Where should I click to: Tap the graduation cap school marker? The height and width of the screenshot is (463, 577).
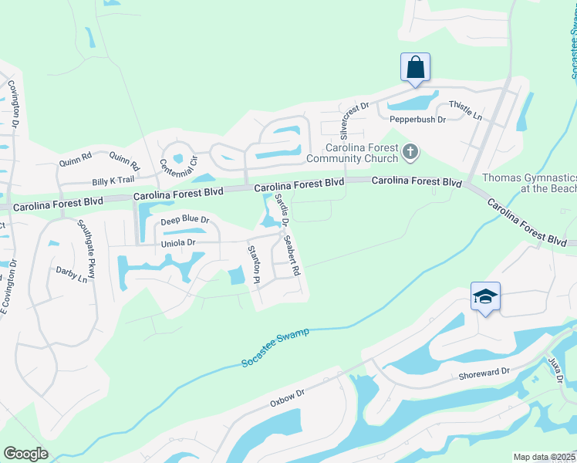(x=485, y=297)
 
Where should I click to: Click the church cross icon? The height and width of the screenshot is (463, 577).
(x=410, y=154)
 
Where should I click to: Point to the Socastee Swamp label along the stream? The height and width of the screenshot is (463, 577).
(x=275, y=347)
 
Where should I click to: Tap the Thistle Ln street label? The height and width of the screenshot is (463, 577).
(x=467, y=113)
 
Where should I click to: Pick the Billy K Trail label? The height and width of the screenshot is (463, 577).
(x=113, y=181)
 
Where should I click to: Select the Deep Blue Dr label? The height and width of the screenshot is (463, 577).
(x=184, y=221)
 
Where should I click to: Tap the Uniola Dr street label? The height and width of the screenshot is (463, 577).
(x=178, y=242)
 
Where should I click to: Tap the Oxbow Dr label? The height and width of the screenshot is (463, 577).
(x=288, y=397)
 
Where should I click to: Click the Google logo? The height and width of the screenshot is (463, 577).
(x=26, y=454)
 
